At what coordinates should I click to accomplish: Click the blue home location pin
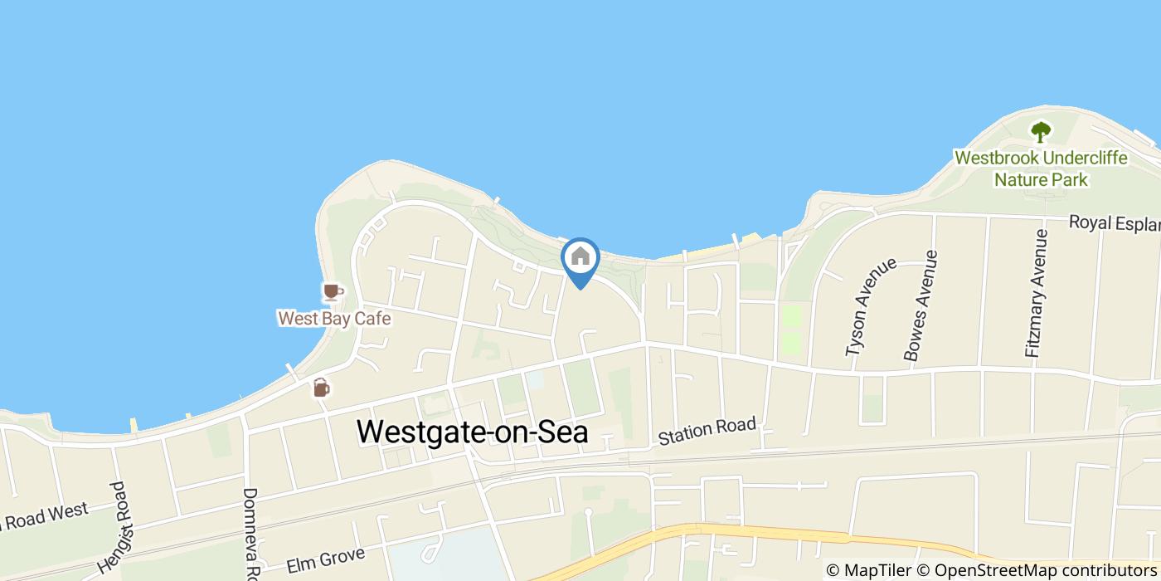[x=580, y=258]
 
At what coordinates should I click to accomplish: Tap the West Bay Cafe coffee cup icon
[x=332, y=292]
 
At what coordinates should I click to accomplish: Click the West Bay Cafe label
[x=334, y=319]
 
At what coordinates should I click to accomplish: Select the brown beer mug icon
[x=321, y=387]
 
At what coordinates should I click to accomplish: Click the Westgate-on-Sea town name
[x=472, y=432]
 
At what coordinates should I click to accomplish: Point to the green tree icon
[x=1040, y=131]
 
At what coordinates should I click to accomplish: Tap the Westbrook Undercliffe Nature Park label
[x=1041, y=168]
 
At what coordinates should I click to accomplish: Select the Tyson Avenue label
[x=871, y=307]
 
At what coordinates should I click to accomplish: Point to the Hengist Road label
[x=115, y=529]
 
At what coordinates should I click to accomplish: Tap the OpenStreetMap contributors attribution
[x=1044, y=570]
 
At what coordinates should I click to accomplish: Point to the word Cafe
[x=372, y=319]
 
